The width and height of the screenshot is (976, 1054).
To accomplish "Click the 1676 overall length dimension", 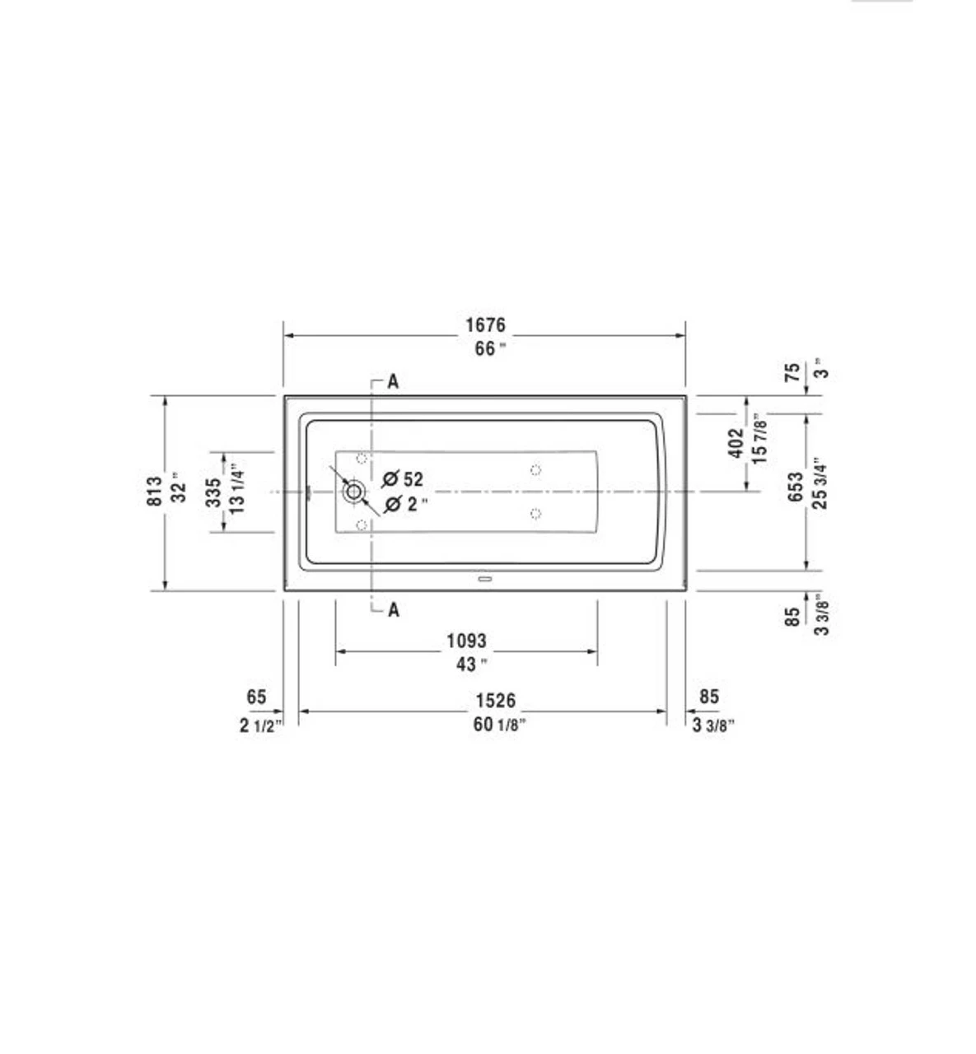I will tap(485, 325).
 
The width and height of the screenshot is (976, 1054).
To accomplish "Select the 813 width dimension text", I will tap(155, 492).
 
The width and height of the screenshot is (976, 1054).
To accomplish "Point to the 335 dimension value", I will tap(213, 492).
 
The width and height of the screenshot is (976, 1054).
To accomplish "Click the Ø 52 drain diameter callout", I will tap(404, 478).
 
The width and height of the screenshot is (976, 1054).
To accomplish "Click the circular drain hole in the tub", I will tap(354, 492).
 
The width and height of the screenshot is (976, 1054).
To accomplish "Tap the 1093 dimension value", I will tap(466, 640).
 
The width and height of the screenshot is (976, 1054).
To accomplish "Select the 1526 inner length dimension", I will tap(495, 700).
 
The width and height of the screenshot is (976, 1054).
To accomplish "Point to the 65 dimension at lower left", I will tap(256, 697).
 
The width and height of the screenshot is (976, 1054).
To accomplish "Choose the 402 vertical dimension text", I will tap(736, 442).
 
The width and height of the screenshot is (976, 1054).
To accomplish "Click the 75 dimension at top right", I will tap(792, 372).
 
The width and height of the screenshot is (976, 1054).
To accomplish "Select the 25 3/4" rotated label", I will tap(820, 483).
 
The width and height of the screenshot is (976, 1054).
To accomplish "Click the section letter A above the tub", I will tap(393, 382).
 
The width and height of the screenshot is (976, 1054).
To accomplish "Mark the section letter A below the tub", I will tap(393, 610).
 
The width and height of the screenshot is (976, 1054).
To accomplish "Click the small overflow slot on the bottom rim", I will tap(484, 579).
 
